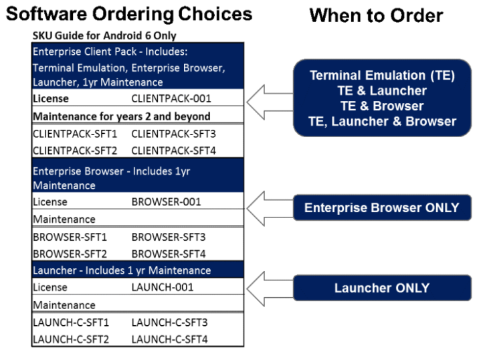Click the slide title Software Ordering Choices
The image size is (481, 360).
128,14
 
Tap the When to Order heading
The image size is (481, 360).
376,15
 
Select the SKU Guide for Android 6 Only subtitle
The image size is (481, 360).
104,35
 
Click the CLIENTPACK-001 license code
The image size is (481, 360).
171,98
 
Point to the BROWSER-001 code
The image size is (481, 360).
166,201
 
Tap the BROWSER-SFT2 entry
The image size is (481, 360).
70,254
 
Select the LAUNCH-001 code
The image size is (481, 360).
163,287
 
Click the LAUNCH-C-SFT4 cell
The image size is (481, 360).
169,339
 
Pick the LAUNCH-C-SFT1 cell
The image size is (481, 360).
67,323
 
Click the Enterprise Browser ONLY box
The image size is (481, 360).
381,208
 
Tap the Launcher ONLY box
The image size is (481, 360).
381,288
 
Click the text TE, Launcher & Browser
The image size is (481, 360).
382,121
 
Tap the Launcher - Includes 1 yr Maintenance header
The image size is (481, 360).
122,270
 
